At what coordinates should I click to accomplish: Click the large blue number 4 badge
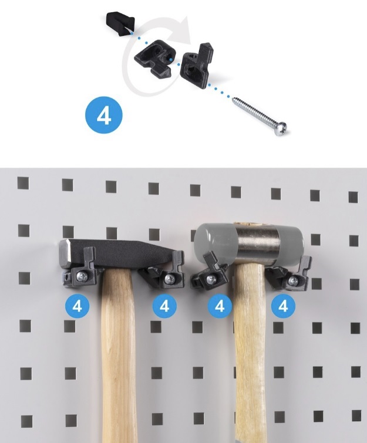(x=104, y=115)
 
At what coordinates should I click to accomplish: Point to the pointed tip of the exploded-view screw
(x=233, y=98)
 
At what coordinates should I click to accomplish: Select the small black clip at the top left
(x=120, y=23)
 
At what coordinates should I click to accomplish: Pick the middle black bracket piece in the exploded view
(x=153, y=59)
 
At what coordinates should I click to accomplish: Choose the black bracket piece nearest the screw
(x=197, y=66)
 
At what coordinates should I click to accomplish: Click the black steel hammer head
(x=115, y=252)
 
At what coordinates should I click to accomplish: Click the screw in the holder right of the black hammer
(x=169, y=279)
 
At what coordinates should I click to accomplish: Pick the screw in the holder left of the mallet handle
(x=211, y=280)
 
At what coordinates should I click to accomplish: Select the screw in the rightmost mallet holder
(x=293, y=280)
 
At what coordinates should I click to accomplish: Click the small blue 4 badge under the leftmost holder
(x=77, y=306)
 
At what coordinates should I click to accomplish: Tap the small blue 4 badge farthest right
(x=283, y=306)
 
